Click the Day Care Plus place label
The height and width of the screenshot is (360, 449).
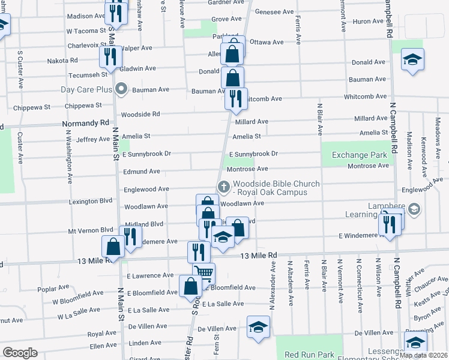click(87, 90)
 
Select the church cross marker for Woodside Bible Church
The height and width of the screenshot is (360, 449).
click(223, 187)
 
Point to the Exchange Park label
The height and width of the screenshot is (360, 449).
click(360, 155)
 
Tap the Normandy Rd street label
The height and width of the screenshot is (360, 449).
click(84, 124)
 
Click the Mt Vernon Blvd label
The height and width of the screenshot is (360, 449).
click(91, 229)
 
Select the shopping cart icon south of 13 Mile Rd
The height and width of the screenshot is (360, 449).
click(203, 274)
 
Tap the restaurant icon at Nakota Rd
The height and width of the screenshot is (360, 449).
click(110, 57)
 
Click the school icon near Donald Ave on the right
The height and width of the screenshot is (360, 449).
click(412, 60)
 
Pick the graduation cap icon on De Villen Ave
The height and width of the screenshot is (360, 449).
click(259, 327)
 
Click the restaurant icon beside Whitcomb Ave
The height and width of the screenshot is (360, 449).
click(236, 97)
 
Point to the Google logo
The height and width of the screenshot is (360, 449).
click(20, 353)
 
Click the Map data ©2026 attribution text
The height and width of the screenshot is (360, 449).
click(423, 355)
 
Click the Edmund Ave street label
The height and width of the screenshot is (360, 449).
click(142, 171)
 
